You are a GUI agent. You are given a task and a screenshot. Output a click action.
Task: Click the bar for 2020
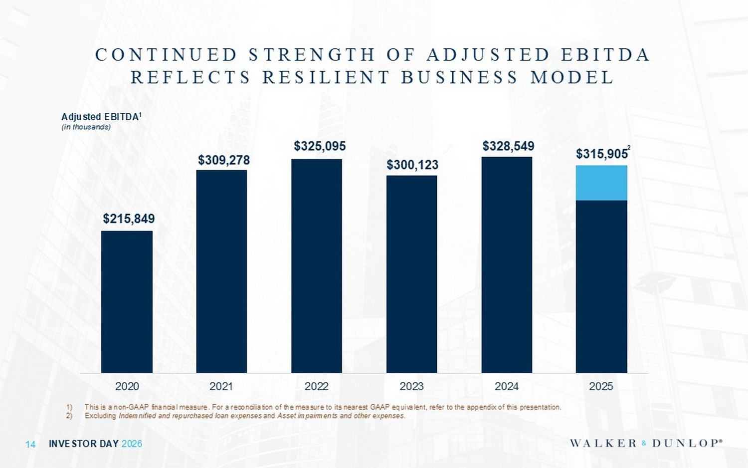[127, 301]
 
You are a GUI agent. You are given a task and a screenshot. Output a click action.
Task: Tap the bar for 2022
[317, 265]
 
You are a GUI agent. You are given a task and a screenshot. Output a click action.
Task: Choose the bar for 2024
[507, 264]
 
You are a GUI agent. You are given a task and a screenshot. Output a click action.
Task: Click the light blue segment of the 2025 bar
[601, 183]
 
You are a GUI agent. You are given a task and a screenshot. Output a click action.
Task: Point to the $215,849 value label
[129, 219]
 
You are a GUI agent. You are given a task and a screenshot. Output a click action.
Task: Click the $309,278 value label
[224, 160]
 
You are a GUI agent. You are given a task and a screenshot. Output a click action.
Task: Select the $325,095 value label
[320, 146]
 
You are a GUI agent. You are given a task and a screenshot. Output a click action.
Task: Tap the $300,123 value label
[412, 165]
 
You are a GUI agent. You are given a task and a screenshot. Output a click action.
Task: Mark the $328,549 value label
[508, 146]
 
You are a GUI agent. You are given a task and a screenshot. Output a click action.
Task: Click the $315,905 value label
[602, 154]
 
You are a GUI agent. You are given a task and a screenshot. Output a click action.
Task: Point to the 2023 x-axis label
[411, 386]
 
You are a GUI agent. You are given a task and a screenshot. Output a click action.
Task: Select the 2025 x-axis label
[601, 386]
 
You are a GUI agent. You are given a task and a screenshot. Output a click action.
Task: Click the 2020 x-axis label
[127, 386]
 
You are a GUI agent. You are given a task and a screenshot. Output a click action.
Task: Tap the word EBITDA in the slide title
[606, 55]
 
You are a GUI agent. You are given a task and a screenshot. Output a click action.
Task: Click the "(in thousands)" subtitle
[86, 127]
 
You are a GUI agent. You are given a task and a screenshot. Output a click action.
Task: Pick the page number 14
[30, 444]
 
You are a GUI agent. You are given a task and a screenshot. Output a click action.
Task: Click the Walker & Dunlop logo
[646, 443]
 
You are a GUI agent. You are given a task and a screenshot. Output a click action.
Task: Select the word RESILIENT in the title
[326, 78]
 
